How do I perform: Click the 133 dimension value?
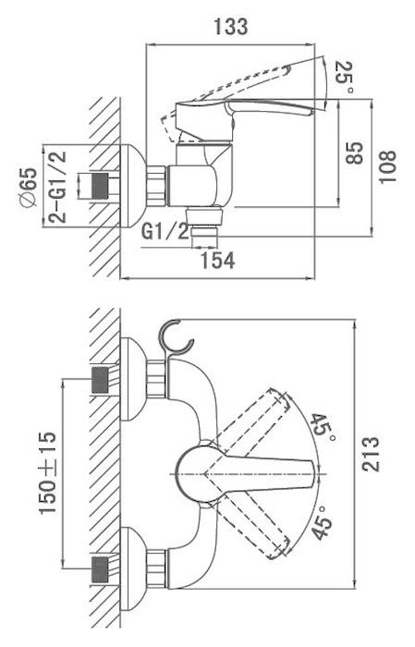tap(230, 27)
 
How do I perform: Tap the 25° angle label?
tap(344, 77)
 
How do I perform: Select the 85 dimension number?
tap(354, 153)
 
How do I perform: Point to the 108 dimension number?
tap(387, 166)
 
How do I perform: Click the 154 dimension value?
tap(217, 261)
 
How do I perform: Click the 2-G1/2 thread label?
tap(57, 187)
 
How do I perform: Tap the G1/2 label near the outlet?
tap(165, 231)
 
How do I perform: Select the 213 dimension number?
tap(370, 454)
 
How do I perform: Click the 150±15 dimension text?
tap(47, 473)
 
